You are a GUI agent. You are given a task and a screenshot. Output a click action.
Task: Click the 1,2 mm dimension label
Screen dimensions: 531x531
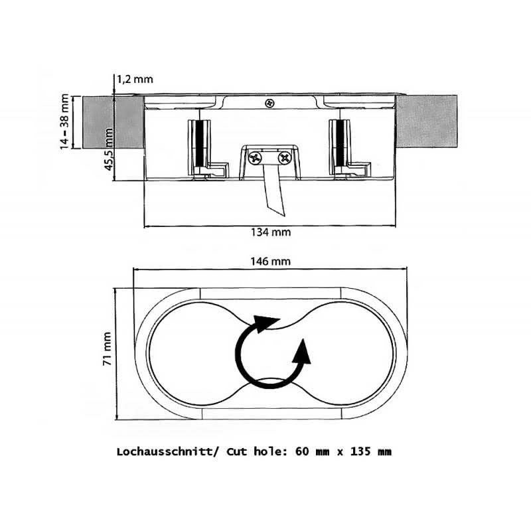(x=135, y=79)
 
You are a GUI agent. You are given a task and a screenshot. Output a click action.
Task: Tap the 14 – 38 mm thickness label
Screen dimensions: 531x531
(x=64, y=121)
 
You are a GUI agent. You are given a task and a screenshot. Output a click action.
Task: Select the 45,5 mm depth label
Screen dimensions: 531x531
(x=108, y=149)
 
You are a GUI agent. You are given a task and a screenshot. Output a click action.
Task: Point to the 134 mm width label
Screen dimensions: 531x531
(x=271, y=232)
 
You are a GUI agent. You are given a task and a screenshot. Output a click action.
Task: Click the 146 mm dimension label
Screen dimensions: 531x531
(x=271, y=262)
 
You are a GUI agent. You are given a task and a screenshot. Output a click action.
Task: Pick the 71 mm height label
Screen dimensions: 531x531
(x=107, y=348)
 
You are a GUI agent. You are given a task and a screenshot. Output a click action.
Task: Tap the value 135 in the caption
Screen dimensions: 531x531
(x=361, y=451)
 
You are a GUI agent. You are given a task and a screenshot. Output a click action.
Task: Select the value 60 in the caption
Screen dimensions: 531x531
(x=303, y=451)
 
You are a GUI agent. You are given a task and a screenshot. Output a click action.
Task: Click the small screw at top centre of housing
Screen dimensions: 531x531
(x=269, y=103)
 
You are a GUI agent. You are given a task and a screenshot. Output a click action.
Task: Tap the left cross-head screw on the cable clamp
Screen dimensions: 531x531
(x=255, y=158)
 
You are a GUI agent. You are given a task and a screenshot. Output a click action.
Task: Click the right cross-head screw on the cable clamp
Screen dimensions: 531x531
(x=285, y=158)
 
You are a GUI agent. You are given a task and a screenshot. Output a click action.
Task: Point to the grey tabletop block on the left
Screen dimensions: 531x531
(x=113, y=122)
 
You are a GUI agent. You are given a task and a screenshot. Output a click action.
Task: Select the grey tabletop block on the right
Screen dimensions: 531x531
(x=426, y=121)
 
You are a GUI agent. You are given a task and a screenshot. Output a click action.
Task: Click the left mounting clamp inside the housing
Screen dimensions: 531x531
(x=207, y=149)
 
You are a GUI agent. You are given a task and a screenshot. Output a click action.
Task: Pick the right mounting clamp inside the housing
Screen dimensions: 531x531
(x=349, y=149)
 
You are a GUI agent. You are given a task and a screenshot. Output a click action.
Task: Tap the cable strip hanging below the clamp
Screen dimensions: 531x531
(x=273, y=190)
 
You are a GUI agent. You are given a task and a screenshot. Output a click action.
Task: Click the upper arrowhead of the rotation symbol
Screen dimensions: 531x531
(x=266, y=323)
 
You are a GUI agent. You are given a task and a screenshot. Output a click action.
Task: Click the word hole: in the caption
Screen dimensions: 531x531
(x=270, y=451)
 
